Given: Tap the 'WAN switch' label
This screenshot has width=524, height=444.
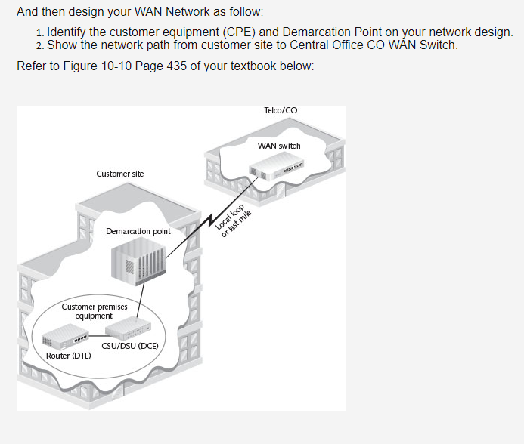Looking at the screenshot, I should coord(279,146).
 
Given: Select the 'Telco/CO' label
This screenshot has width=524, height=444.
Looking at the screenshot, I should coord(281,110).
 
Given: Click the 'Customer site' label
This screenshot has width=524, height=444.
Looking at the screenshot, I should coord(120,174).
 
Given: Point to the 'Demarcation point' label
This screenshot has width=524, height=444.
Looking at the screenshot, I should coord(138,231).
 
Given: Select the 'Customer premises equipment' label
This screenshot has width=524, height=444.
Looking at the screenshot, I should coord(95,311).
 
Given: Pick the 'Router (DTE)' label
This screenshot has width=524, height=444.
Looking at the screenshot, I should coord(69,355).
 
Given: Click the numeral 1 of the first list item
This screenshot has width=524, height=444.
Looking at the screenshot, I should coord(39,34).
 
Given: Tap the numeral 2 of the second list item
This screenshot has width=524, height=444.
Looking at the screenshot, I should coord(39,46).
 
